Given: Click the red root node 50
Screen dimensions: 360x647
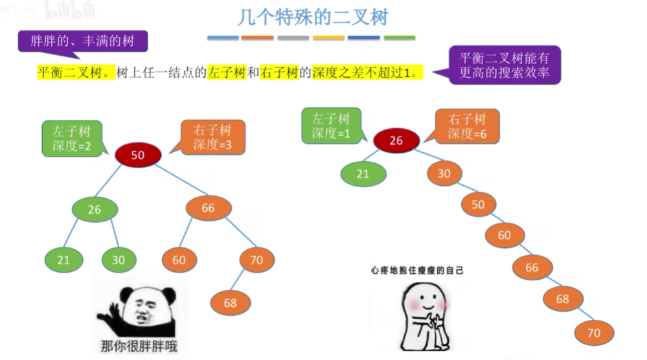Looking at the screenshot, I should tap(138, 155).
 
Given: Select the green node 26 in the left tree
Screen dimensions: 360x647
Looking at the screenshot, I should tap(95, 210).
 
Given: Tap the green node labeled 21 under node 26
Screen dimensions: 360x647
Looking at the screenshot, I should tap(63, 260).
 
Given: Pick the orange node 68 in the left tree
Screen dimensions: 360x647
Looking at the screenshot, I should tap(231, 302).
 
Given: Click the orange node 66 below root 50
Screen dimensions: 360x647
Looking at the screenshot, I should tap(208, 208).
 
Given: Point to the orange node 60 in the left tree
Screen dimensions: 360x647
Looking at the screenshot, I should tap(179, 260).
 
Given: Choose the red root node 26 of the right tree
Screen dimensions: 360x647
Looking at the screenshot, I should tap(396, 141).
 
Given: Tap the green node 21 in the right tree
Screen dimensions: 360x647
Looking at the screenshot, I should tap(363, 174).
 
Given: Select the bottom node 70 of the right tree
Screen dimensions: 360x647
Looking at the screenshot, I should tap(593, 333).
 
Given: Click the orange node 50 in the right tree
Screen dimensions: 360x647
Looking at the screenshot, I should tap(478, 204).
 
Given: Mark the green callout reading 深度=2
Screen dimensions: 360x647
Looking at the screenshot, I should tap(73, 139).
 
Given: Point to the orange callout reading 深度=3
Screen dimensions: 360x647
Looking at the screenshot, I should tap(212, 137).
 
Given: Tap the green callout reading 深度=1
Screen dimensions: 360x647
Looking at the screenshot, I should tap(331, 126).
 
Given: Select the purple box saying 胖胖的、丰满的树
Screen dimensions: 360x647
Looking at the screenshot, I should tap(83, 41).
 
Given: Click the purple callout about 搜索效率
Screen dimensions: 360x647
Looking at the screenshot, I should tap(505, 65).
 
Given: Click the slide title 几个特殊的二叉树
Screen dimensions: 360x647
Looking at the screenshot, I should tap(312, 16).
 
